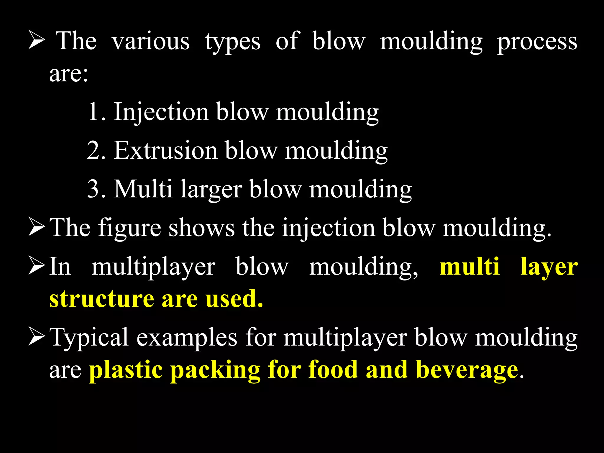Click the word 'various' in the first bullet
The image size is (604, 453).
click(151, 41)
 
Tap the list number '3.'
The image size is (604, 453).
click(96, 189)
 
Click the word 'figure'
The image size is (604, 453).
click(129, 228)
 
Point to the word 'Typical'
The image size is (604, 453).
click(89, 338)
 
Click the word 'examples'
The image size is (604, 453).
click(187, 338)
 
